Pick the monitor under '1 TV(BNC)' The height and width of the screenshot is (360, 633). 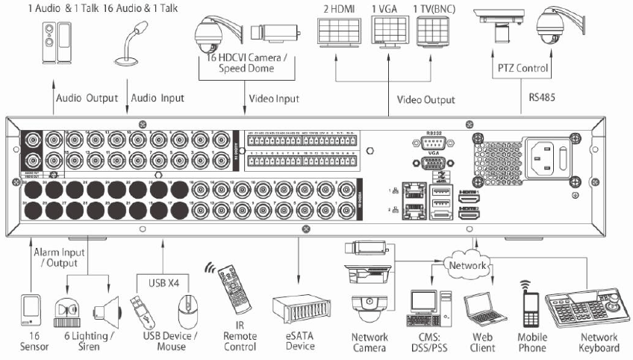coord(435,32)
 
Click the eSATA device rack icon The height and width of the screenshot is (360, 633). coord(299,307)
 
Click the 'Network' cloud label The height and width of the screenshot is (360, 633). coord(467,265)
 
